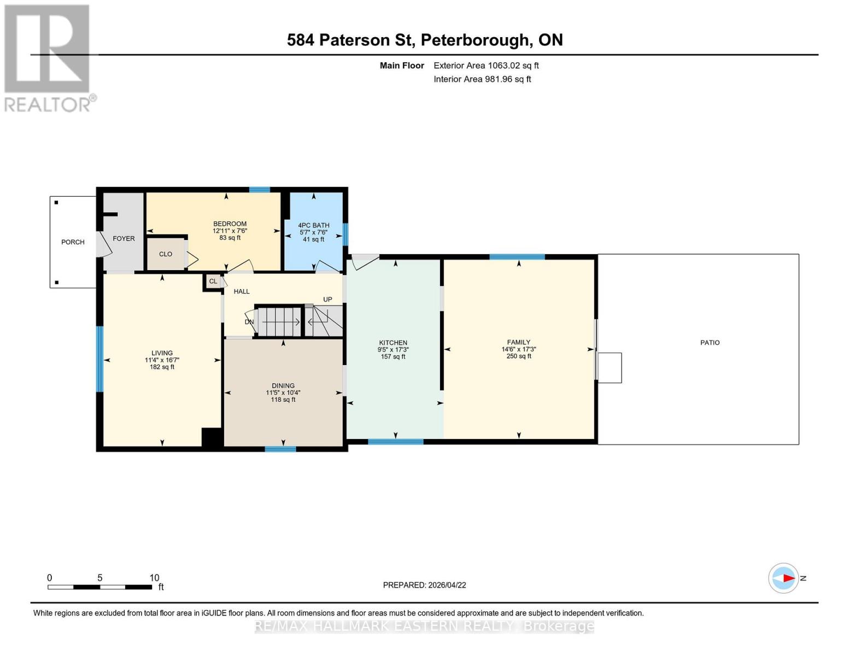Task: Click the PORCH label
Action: [73, 242]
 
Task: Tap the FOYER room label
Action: [124, 239]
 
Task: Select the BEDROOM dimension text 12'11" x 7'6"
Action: [230, 231]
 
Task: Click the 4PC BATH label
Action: [313, 225]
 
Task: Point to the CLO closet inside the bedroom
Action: [166, 254]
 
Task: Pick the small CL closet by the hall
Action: [213, 282]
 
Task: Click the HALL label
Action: [242, 292]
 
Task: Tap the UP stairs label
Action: [327, 300]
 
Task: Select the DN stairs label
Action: [249, 322]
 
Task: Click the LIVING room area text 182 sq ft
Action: [162, 367]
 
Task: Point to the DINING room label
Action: [283, 386]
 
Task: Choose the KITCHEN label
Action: [393, 343]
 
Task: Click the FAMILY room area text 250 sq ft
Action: [519, 356]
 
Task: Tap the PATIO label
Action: [710, 343]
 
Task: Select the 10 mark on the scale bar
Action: [154, 578]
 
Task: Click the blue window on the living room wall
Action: [99, 359]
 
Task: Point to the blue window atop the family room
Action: [517, 257]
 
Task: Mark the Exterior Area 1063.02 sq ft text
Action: [486, 66]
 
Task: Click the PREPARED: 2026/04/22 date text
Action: [424, 585]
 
